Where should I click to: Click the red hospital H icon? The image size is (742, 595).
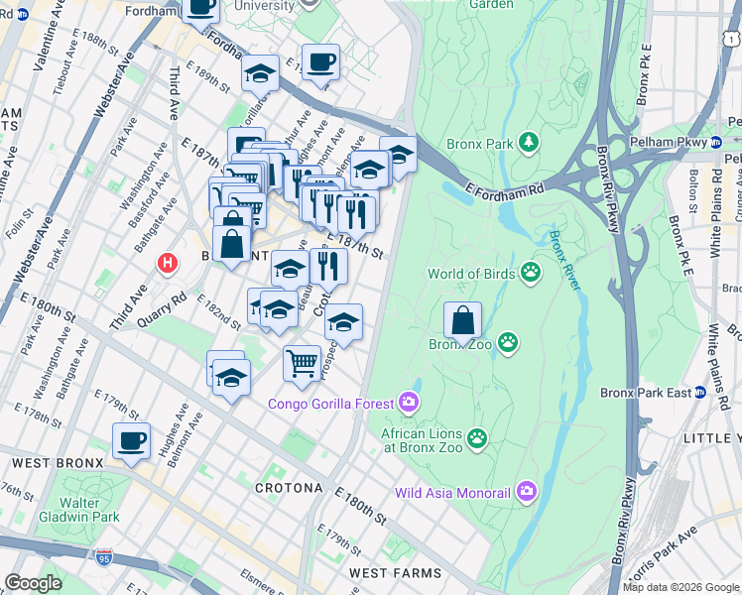(168, 265)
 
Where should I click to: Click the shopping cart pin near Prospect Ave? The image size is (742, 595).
(302, 360)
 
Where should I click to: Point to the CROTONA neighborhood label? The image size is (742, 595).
(289, 488)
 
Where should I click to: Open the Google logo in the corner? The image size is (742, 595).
(33, 582)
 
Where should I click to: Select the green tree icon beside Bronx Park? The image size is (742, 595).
(530, 144)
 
